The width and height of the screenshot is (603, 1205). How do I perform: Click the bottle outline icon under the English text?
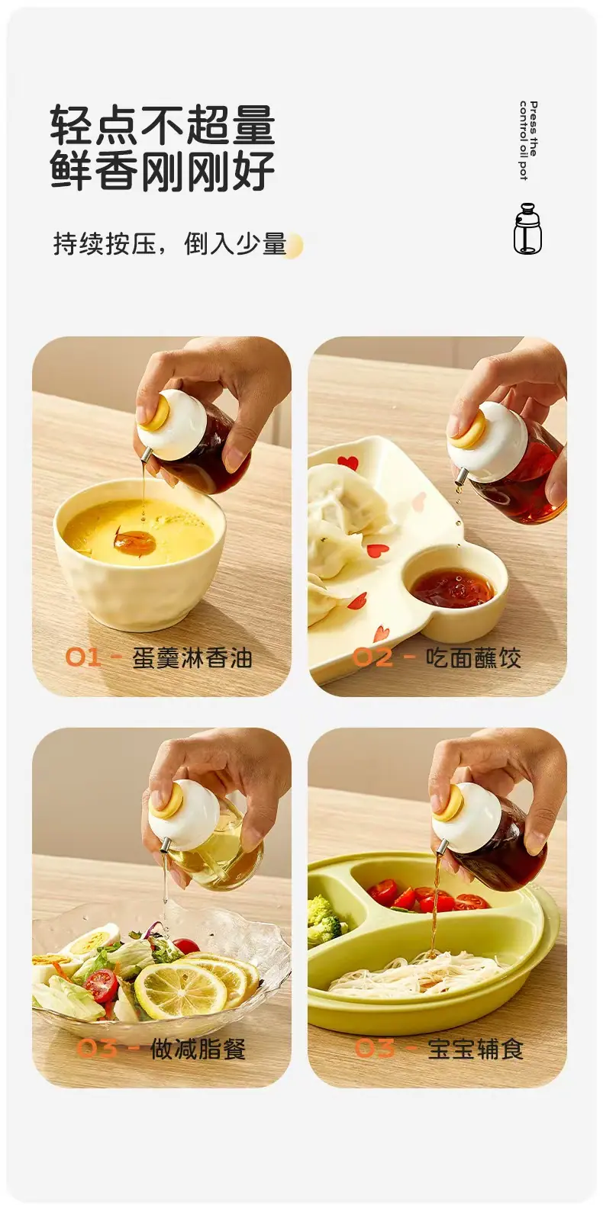[527, 228]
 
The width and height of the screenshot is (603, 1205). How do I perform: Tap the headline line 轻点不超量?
[163, 125]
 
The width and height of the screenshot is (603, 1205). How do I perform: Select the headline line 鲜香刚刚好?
[163, 171]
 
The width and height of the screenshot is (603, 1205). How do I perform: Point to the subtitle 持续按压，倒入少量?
[169, 244]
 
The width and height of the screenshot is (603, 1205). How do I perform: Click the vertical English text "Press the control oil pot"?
[528, 140]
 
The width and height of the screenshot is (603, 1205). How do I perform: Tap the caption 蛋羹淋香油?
[192, 658]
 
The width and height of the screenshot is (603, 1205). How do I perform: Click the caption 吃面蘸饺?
[474, 657]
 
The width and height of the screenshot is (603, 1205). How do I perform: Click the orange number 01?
[83, 657]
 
